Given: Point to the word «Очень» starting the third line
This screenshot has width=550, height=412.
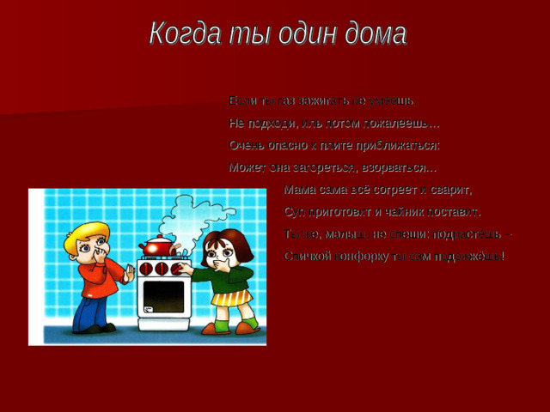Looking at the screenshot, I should tap(247, 145).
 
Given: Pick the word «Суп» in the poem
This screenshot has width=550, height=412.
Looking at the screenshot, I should tap(295, 212).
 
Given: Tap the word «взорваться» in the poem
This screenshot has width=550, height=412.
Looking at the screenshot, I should tap(399, 167).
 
